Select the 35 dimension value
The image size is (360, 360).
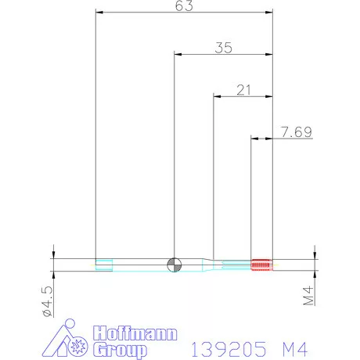pos(223,48)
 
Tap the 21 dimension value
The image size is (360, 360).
pos(243,90)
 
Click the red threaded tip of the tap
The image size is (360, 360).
pos(261,265)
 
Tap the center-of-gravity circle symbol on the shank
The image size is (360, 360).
pos(174,265)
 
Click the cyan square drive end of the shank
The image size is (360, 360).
pos(102,265)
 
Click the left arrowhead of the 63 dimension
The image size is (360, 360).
pos(98,13)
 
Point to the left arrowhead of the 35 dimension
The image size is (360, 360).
pos(177,54)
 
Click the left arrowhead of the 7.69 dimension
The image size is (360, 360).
pos(254,138)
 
